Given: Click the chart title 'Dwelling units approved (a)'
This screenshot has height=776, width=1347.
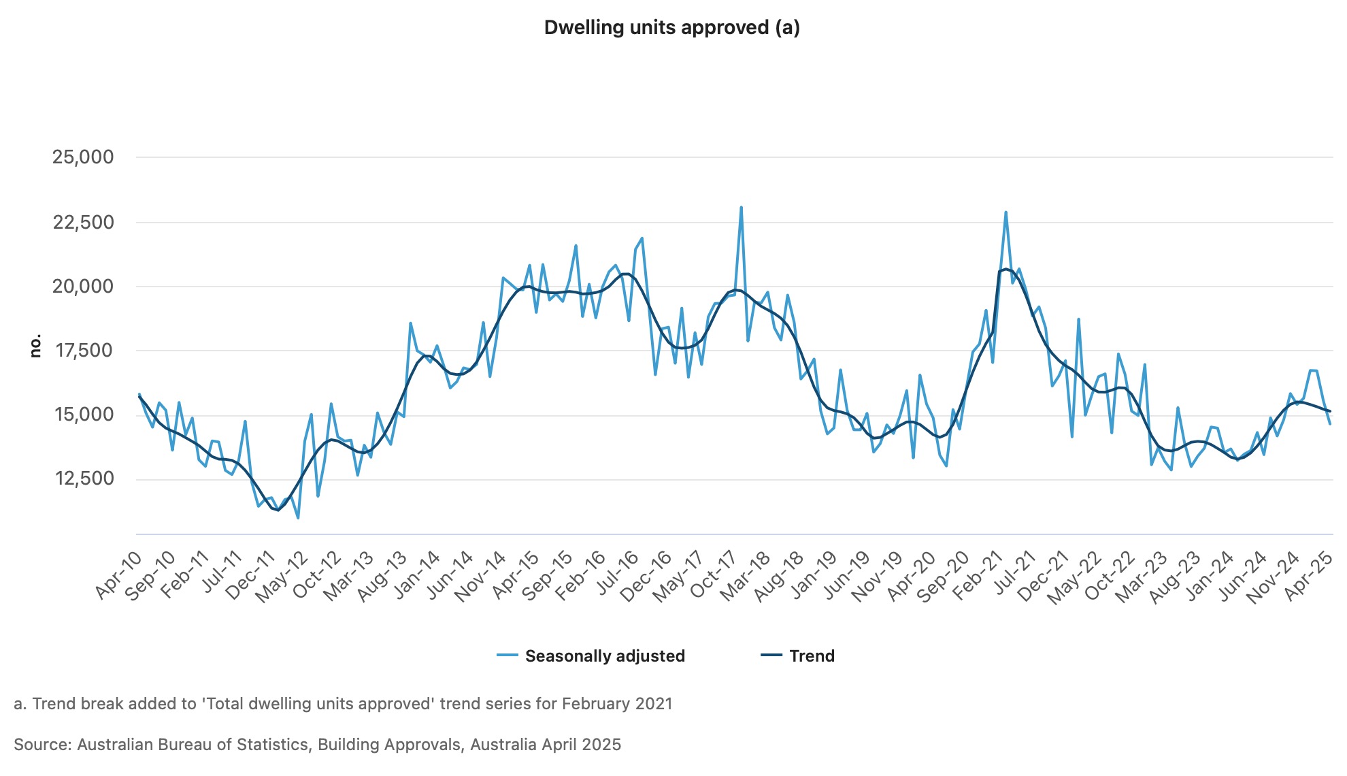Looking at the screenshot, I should coord(671,28).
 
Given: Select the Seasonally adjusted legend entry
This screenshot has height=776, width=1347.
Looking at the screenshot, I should coord(604,656).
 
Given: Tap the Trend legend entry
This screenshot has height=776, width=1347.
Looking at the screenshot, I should coord(811,656).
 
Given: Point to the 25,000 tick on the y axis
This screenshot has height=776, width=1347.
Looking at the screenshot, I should coord(83,157).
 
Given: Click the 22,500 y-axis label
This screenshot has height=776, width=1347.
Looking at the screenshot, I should coord(83,222).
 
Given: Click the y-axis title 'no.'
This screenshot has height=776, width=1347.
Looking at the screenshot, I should coord(35,346).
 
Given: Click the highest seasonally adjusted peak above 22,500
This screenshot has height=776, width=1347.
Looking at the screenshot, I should coord(741,208).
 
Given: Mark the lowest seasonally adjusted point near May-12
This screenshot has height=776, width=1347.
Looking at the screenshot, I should coord(298,518).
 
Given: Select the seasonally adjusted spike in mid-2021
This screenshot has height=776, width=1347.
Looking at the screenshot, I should coord(1005,212).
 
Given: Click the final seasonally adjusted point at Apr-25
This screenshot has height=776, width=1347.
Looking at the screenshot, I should coord(1329,424).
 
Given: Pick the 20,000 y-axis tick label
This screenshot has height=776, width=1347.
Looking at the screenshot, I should coord(83,286).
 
